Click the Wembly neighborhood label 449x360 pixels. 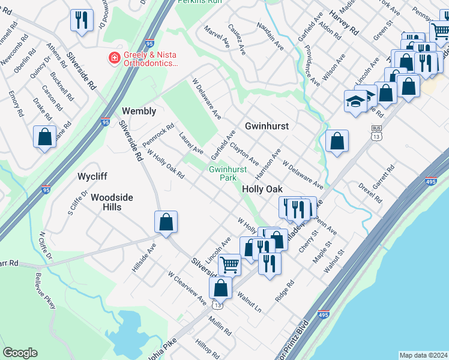(139, 111)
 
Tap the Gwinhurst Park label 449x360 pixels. (228, 174)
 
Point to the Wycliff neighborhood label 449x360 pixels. (92, 177)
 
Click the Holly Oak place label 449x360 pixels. (262, 189)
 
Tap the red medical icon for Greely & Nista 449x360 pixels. (112, 58)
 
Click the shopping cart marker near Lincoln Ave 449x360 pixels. (229, 263)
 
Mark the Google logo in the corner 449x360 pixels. (20, 353)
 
